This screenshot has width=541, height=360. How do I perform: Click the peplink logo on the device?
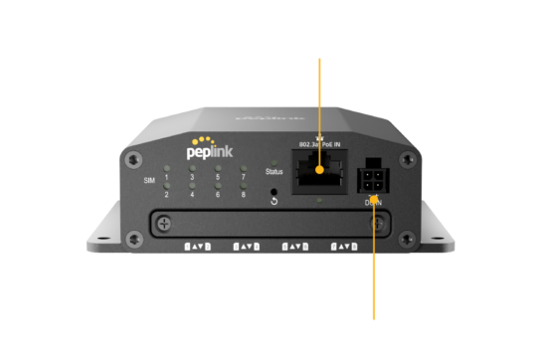click(x=213, y=152)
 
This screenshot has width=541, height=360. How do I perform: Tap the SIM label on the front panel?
click(x=150, y=180)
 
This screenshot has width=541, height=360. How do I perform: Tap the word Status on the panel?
click(x=274, y=171)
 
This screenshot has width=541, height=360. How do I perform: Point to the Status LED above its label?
click(x=274, y=161)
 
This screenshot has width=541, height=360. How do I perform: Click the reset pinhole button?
click(x=274, y=187)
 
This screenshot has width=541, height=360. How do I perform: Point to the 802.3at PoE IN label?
click(x=318, y=146)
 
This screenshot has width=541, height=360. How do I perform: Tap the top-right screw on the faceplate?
click(x=402, y=158)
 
